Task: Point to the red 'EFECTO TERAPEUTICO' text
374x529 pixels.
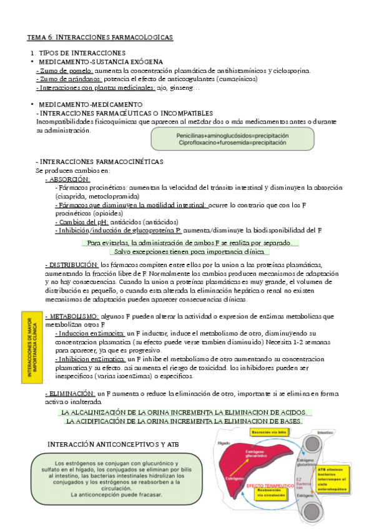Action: (x=270, y=485)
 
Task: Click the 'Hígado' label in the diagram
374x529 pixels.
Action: (x=225, y=442)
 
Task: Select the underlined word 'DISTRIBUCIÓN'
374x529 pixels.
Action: (x=72, y=264)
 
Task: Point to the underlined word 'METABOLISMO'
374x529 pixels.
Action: (x=72, y=316)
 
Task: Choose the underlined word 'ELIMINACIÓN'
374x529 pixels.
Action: (x=71, y=394)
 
